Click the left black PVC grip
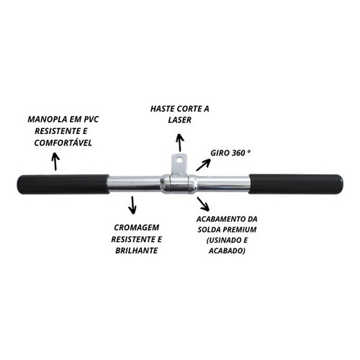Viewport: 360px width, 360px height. pyautogui.click(x=63, y=184)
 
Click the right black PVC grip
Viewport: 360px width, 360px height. pyautogui.click(x=296, y=184)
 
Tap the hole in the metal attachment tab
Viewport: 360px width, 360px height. pyautogui.click(x=179, y=159)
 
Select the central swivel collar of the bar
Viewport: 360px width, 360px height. pyautogui.click(x=179, y=184)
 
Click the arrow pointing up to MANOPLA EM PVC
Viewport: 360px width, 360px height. pyautogui.click(x=56, y=161)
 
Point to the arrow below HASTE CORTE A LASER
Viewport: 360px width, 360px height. pyautogui.click(x=180, y=143)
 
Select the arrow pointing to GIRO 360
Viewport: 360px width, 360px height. pyautogui.click(x=203, y=164)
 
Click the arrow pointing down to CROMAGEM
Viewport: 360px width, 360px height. pyautogui.click(x=132, y=205)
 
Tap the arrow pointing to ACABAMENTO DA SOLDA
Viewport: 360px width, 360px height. pyautogui.click(x=203, y=204)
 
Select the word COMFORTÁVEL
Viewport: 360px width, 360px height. pyautogui.click(x=63, y=143)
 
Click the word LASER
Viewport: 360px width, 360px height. pyautogui.click(x=180, y=120)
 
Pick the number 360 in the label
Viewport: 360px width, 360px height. pyautogui.click(x=238, y=153)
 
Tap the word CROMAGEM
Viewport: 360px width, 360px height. pyautogui.click(x=137, y=228)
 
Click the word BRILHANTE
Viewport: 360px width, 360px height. pyautogui.click(x=137, y=251)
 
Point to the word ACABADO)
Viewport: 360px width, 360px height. pyautogui.click(x=227, y=251)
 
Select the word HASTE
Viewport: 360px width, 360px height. pyautogui.click(x=163, y=109)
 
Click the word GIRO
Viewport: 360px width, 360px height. pyautogui.click(x=220, y=153)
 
